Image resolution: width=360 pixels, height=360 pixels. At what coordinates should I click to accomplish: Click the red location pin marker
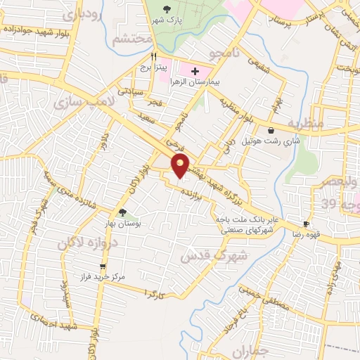click(x=181, y=166)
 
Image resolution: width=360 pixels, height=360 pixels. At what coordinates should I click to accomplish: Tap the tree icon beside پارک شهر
click(x=167, y=9)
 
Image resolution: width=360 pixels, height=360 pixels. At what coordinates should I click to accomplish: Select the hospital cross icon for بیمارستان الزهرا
click(x=195, y=71)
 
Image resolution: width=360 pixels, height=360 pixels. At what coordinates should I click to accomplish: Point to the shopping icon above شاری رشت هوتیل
click(x=271, y=130)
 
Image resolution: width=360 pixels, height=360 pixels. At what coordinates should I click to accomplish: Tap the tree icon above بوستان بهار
click(x=122, y=212)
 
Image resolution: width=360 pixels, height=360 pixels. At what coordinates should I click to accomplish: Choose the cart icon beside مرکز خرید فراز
click(x=104, y=266)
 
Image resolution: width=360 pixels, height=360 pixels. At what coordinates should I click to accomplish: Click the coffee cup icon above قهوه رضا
click(x=306, y=224)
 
